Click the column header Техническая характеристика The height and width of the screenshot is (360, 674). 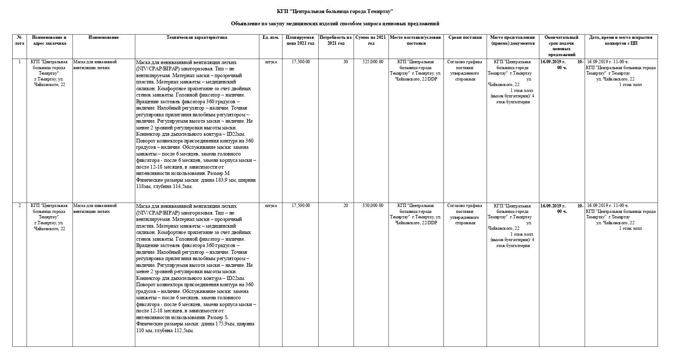(197, 38)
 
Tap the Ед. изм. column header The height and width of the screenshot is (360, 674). (271, 38)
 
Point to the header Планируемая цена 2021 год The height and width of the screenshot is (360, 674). (300, 40)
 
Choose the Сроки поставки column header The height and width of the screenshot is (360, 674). (465, 38)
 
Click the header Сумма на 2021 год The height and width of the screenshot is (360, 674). (371, 40)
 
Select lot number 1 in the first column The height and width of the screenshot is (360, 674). (19, 62)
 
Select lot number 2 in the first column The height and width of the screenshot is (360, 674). (19, 206)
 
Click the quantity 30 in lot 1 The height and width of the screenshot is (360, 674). (346, 62)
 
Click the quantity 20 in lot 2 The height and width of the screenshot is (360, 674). (346, 206)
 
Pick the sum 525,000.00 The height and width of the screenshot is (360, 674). (373, 62)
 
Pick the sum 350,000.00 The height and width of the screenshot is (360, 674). (373, 206)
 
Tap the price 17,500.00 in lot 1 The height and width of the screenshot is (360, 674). (301, 62)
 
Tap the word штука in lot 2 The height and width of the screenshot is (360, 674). (271, 206)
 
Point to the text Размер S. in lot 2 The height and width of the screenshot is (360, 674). (218, 317)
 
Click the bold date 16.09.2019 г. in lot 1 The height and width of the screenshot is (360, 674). (553, 62)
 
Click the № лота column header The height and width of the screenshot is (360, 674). (19, 40)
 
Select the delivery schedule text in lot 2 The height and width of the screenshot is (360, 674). (465, 214)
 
